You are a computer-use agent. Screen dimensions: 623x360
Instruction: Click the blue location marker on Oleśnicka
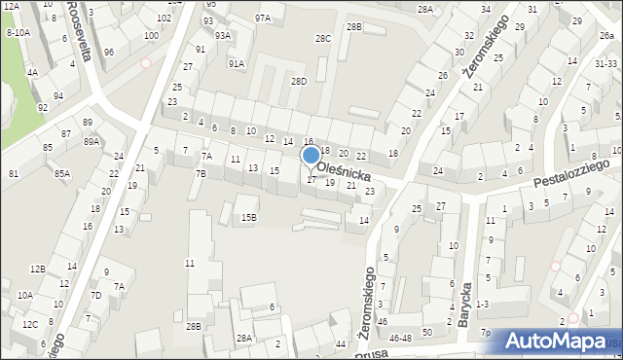click(311, 156)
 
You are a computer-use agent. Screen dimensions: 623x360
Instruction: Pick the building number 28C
click(322, 39)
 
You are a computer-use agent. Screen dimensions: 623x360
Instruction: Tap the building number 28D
click(299, 81)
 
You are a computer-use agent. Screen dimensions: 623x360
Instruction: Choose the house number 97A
click(263, 18)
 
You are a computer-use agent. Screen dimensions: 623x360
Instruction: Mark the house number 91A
click(236, 63)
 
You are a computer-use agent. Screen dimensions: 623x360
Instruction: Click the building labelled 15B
click(249, 217)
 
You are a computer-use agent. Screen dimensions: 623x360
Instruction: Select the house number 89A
click(91, 141)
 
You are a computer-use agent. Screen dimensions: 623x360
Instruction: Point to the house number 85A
click(62, 174)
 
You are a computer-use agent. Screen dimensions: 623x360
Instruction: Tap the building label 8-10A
click(18, 32)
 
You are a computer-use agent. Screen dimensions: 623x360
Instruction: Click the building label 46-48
click(399, 337)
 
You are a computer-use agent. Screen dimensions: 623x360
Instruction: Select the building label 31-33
click(605, 63)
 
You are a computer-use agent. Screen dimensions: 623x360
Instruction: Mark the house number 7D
click(95, 295)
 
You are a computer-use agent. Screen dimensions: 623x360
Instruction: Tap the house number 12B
click(37, 269)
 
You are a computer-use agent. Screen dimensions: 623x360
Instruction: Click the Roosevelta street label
click(79, 31)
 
